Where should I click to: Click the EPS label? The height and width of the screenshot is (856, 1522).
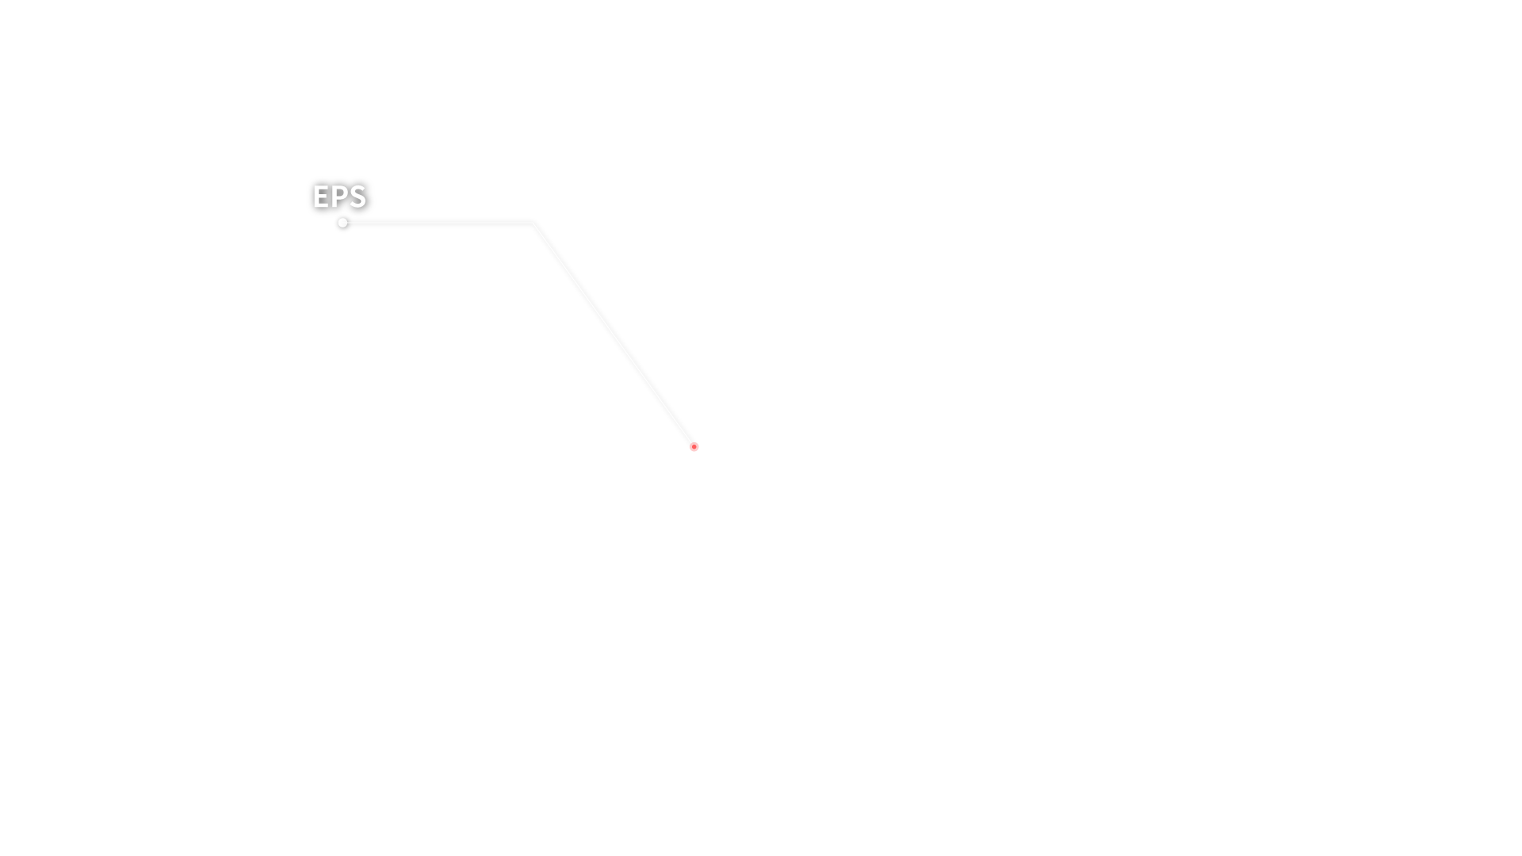click(339, 197)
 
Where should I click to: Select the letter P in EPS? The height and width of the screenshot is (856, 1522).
click(339, 197)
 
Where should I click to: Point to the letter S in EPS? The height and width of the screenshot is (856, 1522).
click(358, 197)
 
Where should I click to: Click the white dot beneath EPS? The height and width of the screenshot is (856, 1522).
click(342, 223)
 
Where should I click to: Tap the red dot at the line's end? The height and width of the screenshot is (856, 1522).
click(694, 447)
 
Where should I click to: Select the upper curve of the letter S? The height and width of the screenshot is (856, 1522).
click(358, 189)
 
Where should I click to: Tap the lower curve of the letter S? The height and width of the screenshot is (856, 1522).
click(358, 203)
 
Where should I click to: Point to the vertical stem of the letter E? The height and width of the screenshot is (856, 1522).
click(315, 197)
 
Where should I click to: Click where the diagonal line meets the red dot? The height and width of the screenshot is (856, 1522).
click(691, 443)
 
